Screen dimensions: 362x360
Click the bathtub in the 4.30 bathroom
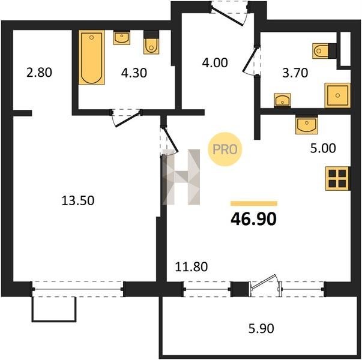click(x=92, y=57)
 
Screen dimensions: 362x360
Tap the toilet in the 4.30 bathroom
click(x=151, y=43)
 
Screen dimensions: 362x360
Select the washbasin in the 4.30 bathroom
click(x=121, y=38)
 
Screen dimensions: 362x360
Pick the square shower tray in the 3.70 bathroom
click(x=337, y=95)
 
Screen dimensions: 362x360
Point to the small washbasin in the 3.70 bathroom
click(x=282, y=100)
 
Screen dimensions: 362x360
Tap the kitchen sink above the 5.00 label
click(x=307, y=125)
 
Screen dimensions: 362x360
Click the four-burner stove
click(x=337, y=178)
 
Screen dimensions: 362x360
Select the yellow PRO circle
click(x=225, y=149)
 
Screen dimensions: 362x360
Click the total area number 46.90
click(x=253, y=219)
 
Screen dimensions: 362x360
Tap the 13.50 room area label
click(x=78, y=200)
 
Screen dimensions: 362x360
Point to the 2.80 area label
click(x=39, y=73)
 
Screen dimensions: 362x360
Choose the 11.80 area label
click(x=192, y=267)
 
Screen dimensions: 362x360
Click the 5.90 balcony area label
click(x=261, y=328)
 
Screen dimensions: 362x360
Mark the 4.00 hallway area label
click(x=215, y=62)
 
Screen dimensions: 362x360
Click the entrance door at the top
click(x=230, y=13)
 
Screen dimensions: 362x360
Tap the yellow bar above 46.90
click(x=254, y=203)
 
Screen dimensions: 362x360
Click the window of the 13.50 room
click(x=78, y=289)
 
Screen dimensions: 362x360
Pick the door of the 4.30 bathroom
click(x=126, y=118)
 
